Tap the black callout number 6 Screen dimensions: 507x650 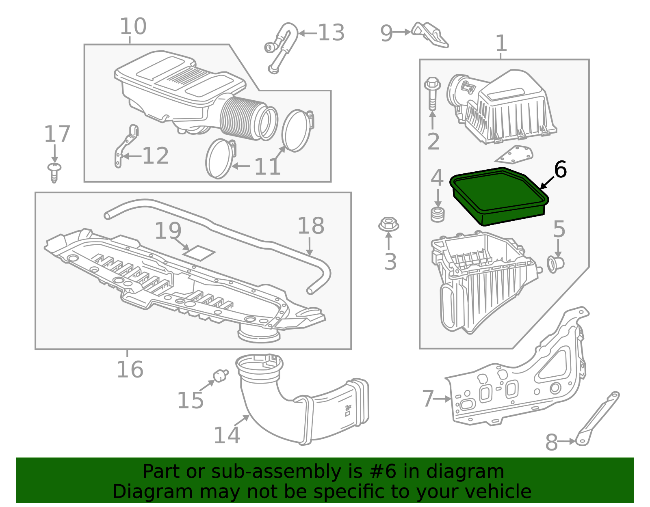pos(560,169)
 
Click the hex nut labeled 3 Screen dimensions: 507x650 pos(388,224)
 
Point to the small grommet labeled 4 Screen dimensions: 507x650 pos(438,214)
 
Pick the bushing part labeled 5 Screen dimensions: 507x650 pos(555,264)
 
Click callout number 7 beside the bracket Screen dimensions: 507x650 pos(428,399)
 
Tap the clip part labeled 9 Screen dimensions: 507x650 pos(430,34)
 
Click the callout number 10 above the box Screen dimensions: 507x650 pos(133,27)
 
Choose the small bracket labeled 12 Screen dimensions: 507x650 pos(125,146)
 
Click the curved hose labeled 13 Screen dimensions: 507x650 pos(282,47)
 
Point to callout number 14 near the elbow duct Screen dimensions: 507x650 pos(227,436)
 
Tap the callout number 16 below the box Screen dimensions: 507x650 pos(130,370)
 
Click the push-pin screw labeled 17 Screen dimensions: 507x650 pos(54,172)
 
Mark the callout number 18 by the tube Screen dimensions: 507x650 pos(311,226)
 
